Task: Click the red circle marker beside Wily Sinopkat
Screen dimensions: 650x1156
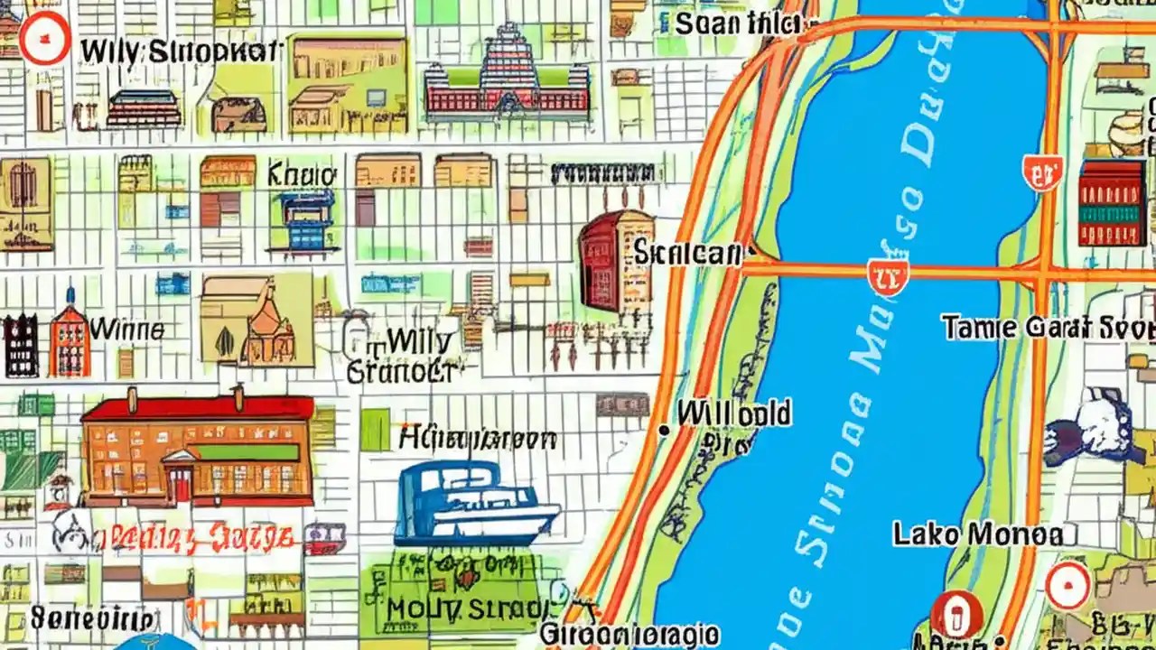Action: pyautogui.click(x=43, y=40)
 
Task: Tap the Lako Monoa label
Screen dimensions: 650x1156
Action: pyautogui.click(x=978, y=534)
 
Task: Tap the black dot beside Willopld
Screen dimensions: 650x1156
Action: pyautogui.click(x=664, y=431)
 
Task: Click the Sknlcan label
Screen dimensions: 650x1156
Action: pyautogui.click(x=686, y=253)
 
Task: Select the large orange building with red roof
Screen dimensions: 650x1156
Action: pyautogui.click(x=198, y=448)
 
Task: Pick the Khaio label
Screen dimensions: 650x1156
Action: pyautogui.click(x=302, y=174)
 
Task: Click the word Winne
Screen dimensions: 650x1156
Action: pyautogui.click(x=126, y=329)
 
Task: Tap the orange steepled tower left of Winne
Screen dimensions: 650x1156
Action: pyautogui.click(x=70, y=337)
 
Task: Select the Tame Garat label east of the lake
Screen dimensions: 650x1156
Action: pyautogui.click(x=1048, y=327)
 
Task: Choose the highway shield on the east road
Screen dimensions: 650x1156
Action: pyautogui.click(x=1042, y=172)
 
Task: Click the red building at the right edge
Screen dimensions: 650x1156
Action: pyautogui.click(x=1112, y=203)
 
